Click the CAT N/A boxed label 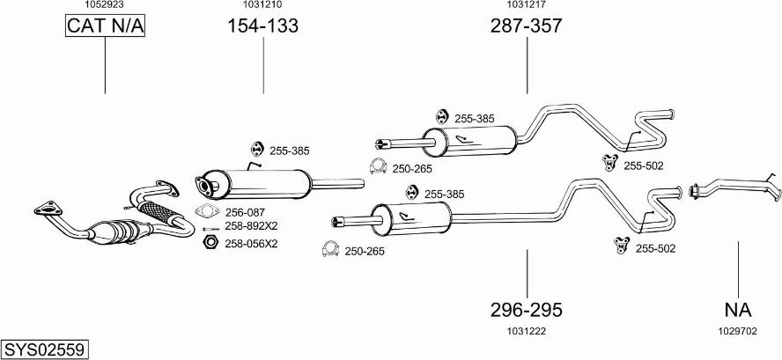click(x=105, y=27)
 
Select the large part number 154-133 click(x=263, y=26)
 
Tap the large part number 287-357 click(x=526, y=26)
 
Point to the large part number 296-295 click(x=527, y=310)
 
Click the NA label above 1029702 click(x=738, y=310)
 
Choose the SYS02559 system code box click(x=44, y=349)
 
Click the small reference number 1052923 click(x=104, y=4)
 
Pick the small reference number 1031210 click(x=262, y=4)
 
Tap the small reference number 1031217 click(x=526, y=4)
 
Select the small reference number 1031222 click(x=527, y=331)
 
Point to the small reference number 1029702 click(x=738, y=331)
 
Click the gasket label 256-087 click(x=246, y=212)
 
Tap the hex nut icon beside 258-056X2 click(x=210, y=242)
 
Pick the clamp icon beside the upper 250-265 click(x=377, y=166)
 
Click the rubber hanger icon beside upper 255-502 click(x=608, y=161)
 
